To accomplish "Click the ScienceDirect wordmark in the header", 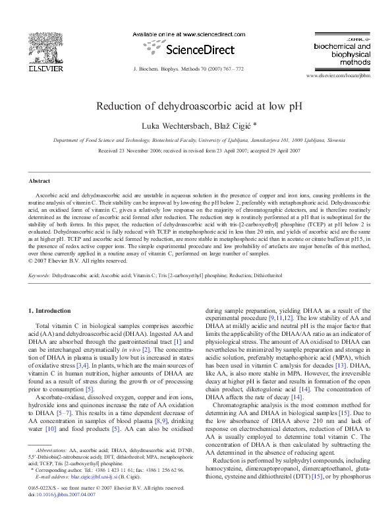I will pyautogui.click(x=189, y=49).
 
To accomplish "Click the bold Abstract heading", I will pyautogui.click(x=40, y=181).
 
